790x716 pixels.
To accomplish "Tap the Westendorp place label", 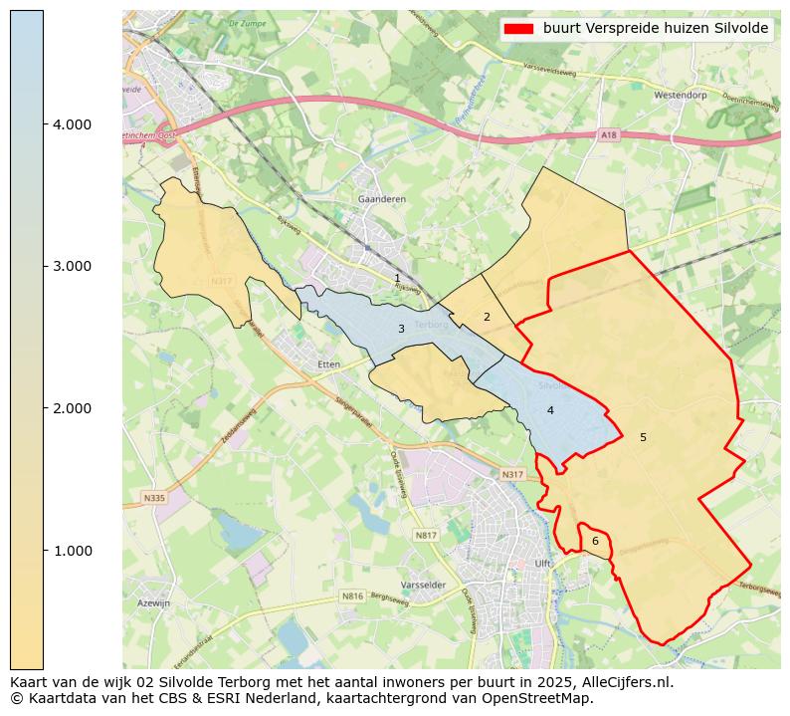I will (682, 96).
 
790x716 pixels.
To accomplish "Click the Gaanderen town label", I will (381, 199).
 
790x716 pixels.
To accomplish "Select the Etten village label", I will (328, 364).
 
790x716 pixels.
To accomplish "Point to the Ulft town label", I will (543, 564).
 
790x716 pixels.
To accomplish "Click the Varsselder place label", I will (422, 585).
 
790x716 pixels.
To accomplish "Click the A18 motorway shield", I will (609, 134).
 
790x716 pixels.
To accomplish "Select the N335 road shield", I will (154, 498).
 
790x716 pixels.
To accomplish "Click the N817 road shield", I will (426, 536).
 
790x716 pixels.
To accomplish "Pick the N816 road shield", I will (352, 597).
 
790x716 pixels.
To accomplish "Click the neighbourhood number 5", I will (643, 437).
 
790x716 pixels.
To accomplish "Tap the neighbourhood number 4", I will (550, 410).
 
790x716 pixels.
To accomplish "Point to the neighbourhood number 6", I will (595, 542).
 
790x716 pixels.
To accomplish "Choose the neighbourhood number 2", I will (487, 317).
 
